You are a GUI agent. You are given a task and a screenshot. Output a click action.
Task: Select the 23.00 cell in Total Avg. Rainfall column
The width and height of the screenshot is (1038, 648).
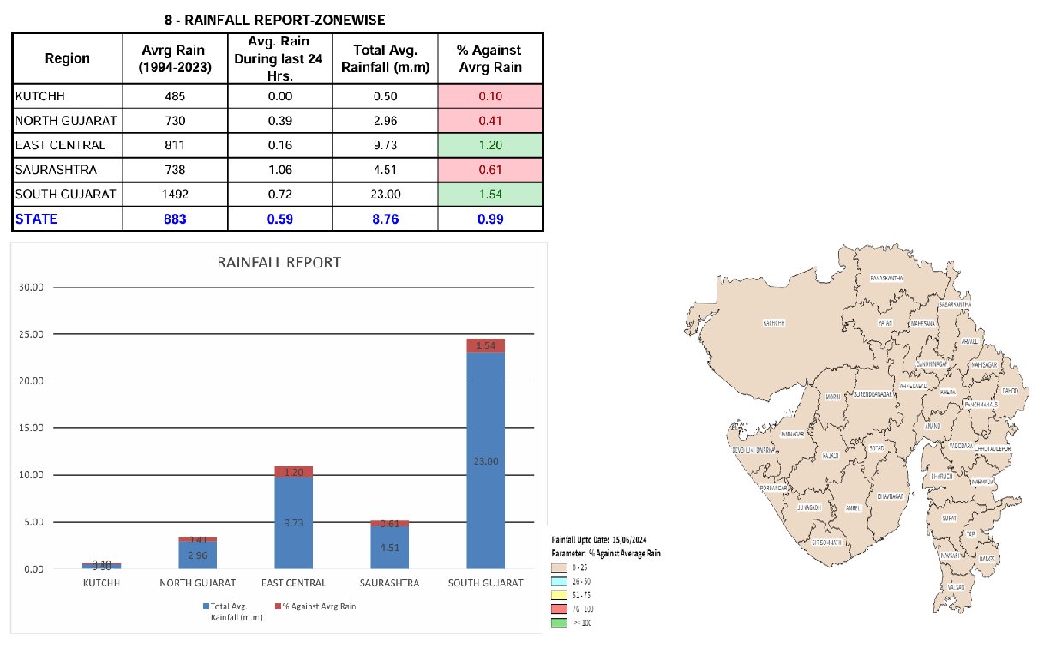point(385,195)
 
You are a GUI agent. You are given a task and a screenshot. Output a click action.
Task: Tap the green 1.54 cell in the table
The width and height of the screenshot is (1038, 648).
point(490,195)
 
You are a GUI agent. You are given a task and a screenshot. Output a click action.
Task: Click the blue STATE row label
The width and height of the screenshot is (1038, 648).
point(36,219)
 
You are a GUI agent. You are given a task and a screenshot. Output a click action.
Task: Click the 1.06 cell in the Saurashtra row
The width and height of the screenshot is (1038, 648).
point(279,170)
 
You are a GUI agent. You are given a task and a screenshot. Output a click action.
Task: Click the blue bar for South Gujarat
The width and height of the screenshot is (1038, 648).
point(485,460)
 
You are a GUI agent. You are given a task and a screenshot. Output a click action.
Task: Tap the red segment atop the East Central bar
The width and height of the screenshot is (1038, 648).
point(291,471)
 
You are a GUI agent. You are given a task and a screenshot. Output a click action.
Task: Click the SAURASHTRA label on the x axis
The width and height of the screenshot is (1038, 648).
point(388,583)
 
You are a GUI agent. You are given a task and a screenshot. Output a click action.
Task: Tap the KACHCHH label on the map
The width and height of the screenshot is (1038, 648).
point(774,323)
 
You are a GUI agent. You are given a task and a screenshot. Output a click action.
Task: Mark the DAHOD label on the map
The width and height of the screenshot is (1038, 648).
point(1010,391)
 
